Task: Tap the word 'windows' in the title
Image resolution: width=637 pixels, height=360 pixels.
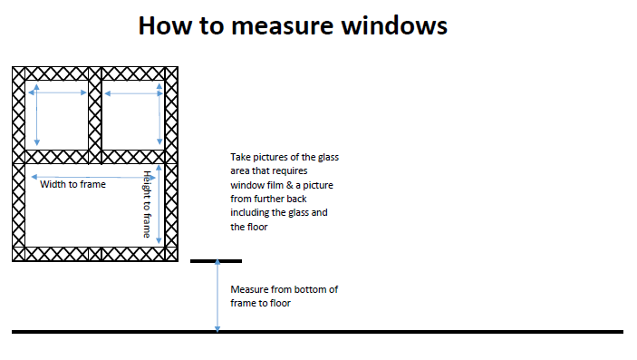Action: (x=394, y=25)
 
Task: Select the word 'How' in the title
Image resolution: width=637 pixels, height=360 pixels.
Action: (x=165, y=25)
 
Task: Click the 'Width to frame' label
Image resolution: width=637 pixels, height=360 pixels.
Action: (x=72, y=184)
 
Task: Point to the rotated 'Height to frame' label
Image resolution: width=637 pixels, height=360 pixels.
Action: (x=147, y=204)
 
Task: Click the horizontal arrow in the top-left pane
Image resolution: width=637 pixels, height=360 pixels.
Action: (x=57, y=92)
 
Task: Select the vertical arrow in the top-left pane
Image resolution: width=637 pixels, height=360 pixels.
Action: (x=36, y=115)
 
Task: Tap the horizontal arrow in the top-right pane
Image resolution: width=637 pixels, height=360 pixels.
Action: (x=134, y=93)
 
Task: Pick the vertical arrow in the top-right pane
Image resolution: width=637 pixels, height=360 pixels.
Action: (x=159, y=114)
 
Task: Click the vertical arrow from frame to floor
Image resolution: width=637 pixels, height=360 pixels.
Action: (x=217, y=297)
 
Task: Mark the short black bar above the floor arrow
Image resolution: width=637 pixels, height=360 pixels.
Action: (x=217, y=261)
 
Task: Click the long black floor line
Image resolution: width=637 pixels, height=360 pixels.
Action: (x=317, y=332)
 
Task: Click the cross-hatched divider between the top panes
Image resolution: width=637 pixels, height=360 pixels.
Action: (x=94, y=115)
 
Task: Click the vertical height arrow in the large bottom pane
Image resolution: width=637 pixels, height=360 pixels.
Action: (x=159, y=204)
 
